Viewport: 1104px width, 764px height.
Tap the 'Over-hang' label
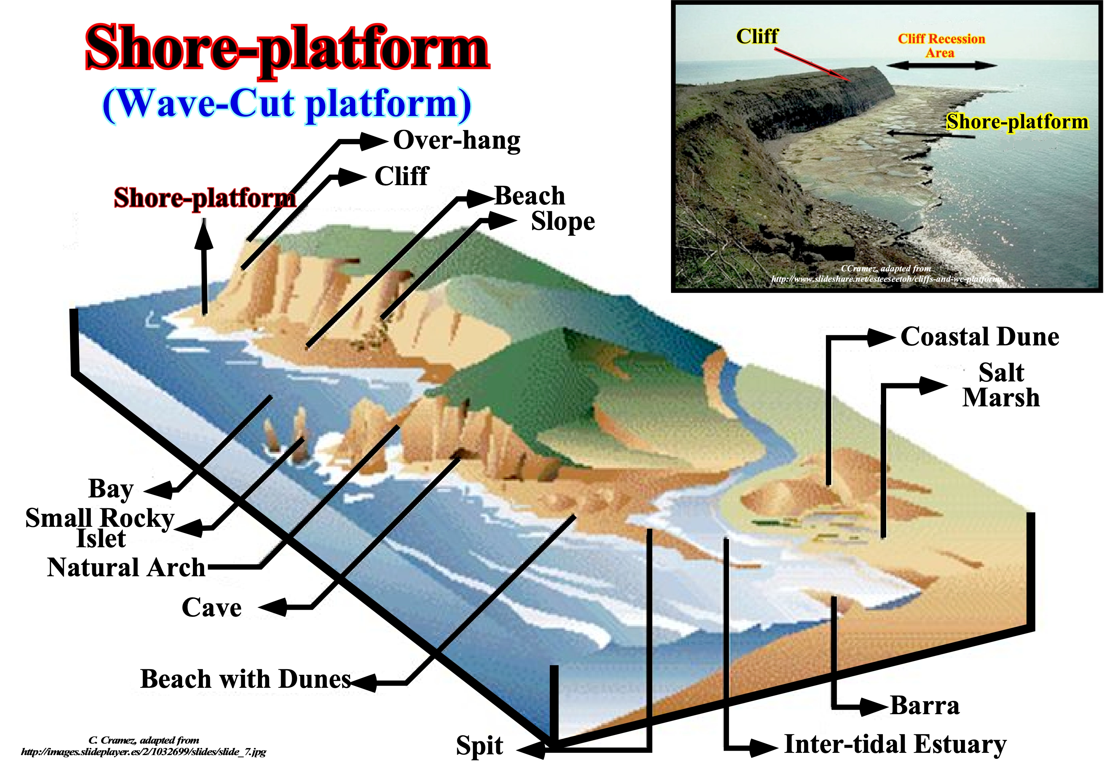(x=456, y=141)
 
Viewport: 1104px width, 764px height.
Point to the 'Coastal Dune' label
(x=979, y=336)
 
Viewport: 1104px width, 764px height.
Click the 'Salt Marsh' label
(x=1001, y=385)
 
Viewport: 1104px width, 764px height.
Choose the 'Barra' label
(x=924, y=705)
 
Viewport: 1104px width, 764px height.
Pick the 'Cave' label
(x=212, y=607)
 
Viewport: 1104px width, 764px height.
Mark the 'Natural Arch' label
(x=126, y=567)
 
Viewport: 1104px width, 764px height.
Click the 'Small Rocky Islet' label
(x=100, y=528)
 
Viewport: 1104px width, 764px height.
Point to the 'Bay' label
(x=111, y=489)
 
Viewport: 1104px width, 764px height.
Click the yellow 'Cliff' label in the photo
(x=757, y=36)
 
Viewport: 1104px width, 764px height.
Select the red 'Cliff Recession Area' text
(x=941, y=45)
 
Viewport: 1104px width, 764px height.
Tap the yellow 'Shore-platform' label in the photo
(x=1017, y=122)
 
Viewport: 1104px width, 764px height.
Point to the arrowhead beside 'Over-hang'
(x=373, y=142)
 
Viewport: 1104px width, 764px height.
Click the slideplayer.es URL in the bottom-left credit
(x=143, y=752)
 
